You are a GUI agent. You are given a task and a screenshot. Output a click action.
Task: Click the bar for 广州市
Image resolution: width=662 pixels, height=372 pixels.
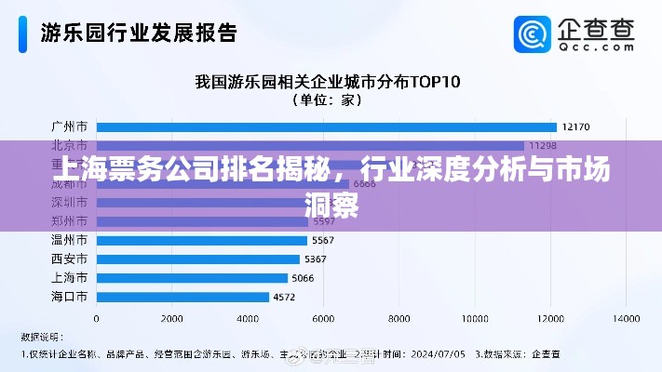pyautogui.click(x=326, y=126)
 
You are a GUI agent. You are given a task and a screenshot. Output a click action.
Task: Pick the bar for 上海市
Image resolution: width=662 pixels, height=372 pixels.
pyautogui.click(x=192, y=278)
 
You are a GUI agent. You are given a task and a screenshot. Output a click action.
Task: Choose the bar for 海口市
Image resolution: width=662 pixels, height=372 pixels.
pyautogui.click(x=182, y=297)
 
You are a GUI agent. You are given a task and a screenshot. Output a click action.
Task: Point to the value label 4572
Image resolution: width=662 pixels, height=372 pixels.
pyautogui.click(x=284, y=298)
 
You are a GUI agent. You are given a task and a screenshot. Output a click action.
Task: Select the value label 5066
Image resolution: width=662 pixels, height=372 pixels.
pyautogui.click(x=303, y=278)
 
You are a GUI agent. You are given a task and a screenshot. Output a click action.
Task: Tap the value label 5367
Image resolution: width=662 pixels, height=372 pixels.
pyautogui.click(x=316, y=259)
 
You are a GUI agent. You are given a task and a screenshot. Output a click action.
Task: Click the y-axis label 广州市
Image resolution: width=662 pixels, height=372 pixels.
pyautogui.click(x=69, y=126)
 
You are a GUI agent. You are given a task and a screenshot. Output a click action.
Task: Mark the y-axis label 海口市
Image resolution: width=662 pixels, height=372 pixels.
pyautogui.click(x=69, y=297)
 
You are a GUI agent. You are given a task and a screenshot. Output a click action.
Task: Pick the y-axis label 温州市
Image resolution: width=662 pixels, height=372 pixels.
pyautogui.click(x=69, y=240)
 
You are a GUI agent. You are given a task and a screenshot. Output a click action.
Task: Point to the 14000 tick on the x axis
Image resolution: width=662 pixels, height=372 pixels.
pyautogui.click(x=627, y=318)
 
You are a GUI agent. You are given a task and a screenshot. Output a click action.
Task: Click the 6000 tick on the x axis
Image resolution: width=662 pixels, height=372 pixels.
pyautogui.click(x=323, y=318)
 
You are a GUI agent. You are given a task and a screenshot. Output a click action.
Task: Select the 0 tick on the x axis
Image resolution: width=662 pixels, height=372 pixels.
pyautogui.click(x=96, y=318)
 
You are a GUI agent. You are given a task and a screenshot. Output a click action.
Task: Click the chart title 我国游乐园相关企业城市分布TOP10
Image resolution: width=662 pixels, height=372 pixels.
pyautogui.click(x=327, y=81)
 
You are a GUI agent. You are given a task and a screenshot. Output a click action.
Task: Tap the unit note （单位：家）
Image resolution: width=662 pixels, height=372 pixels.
pyautogui.click(x=327, y=100)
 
